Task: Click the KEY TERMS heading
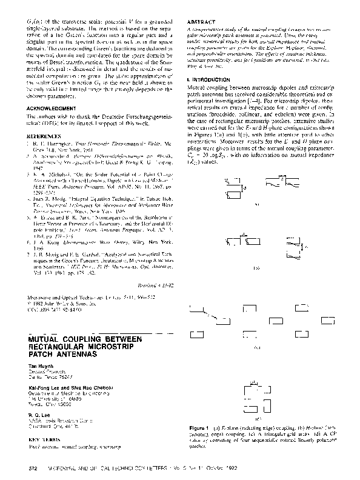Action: [x=44, y=419]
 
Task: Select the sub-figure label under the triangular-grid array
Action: [x=257, y=347]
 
